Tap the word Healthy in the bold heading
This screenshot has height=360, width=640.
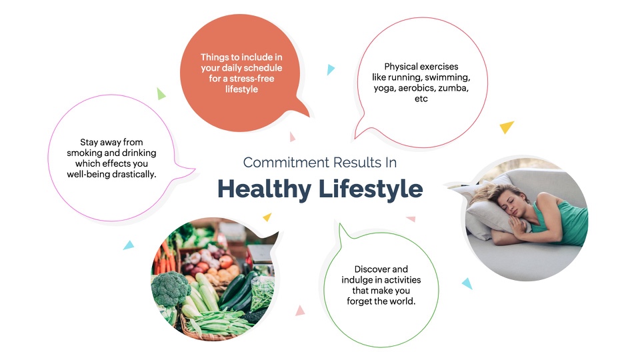[264, 189]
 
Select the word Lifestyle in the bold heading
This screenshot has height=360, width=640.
[371, 189]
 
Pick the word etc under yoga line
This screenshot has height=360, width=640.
[421, 99]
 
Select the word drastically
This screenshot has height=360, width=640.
[135, 174]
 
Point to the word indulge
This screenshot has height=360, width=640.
[356, 281]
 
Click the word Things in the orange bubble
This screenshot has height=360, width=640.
[214, 57]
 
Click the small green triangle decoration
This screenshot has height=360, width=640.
[161, 94]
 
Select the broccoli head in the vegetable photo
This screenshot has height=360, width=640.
[170, 289]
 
